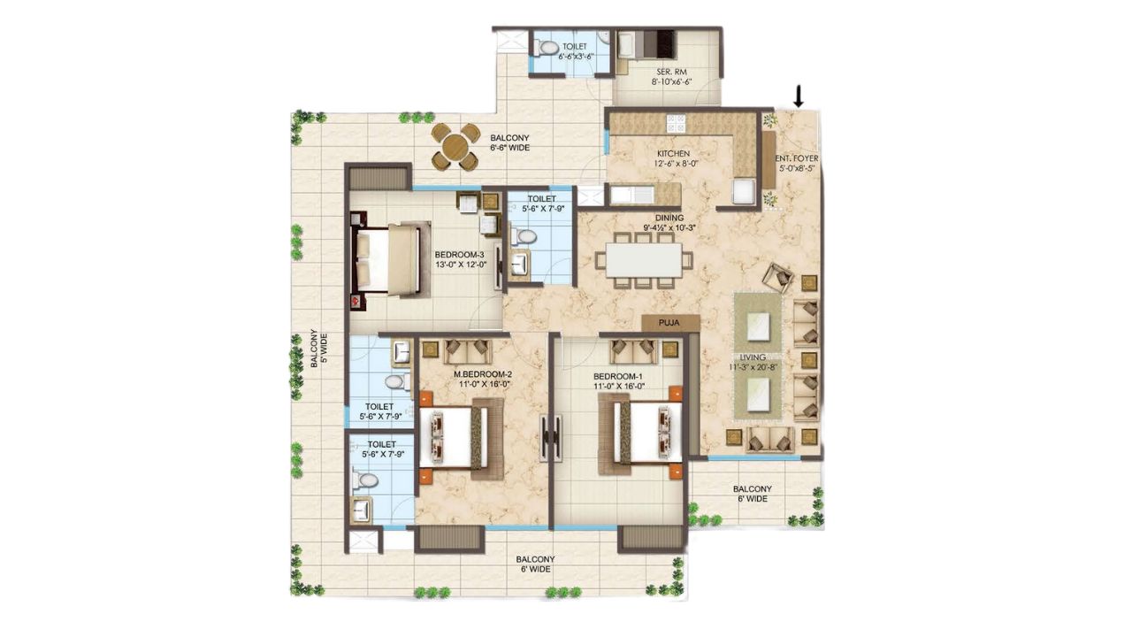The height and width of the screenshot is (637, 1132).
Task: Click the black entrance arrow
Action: coord(799,96)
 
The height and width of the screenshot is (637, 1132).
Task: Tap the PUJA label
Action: coord(669,323)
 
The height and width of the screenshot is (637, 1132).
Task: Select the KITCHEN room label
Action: coord(673,153)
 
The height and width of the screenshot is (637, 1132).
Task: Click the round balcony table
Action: coord(455,147)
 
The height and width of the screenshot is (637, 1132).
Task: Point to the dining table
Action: coord(643,260)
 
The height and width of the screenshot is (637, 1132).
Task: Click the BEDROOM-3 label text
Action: coord(459,254)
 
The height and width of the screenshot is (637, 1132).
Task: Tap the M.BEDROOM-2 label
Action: coord(483,374)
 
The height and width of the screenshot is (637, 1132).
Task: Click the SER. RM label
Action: coord(671,72)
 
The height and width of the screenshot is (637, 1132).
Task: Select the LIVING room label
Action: coord(753,357)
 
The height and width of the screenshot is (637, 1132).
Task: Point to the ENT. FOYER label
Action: coord(797,158)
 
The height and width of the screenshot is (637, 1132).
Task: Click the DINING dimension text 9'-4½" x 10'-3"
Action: coord(669,227)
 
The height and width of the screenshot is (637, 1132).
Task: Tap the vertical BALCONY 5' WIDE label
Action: coord(319,349)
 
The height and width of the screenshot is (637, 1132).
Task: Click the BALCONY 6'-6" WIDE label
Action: coord(509,142)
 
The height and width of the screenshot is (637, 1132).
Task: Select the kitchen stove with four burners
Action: coord(677,123)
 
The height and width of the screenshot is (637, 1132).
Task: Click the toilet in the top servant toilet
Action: coord(545,49)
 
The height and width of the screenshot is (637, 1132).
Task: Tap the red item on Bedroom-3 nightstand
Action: coord(356,301)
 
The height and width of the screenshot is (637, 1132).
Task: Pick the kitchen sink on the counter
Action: coord(631,194)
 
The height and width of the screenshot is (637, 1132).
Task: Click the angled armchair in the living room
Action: coord(778,278)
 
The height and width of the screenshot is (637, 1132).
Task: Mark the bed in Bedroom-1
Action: coord(640,434)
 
